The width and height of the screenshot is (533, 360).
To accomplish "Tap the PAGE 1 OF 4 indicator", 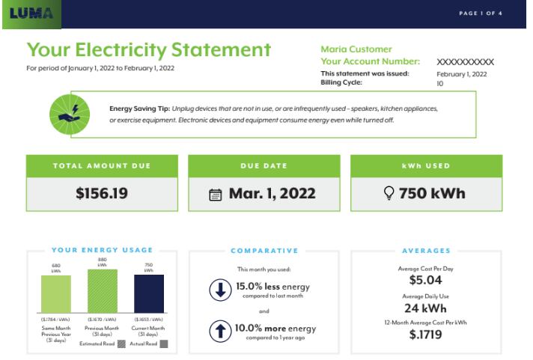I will tap(481, 13).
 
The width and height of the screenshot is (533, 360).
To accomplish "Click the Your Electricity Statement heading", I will tap(148, 50).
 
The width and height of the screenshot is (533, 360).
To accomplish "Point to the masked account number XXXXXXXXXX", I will tap(465, 62).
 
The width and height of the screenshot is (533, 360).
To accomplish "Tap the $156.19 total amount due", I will tap(102, 194).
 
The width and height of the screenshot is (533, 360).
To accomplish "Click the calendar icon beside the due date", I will tap(216, 195).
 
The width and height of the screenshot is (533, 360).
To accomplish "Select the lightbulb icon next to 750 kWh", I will tap(389, 194).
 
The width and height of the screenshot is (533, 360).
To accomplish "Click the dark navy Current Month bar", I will tap(149, 293).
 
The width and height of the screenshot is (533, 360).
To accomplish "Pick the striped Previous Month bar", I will tap(103, 291).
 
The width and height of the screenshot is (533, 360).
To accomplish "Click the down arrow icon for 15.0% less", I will tap(220, 290).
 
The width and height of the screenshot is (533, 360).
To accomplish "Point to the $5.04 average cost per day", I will tap(426, 281).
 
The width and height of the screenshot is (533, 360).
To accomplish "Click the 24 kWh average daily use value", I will tap(426, 308).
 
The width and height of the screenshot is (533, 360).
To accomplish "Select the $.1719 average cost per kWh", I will tap(426, 335).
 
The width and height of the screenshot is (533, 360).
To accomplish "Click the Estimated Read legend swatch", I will tap(121, 344).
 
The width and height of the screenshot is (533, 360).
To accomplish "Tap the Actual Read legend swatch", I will tap(163, 344).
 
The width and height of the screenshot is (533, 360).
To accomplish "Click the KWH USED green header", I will tap(426, 165).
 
